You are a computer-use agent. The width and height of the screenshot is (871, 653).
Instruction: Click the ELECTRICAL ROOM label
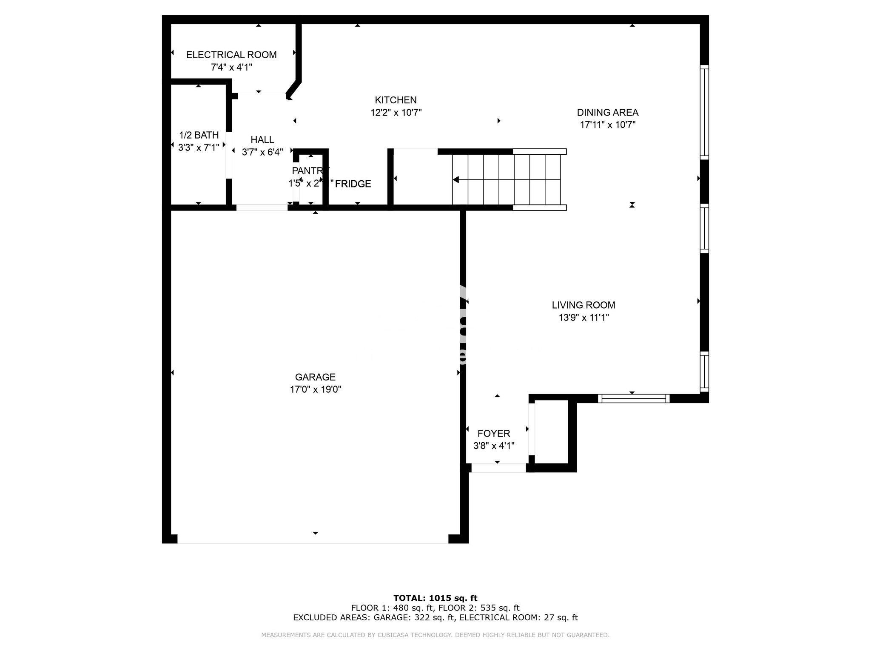[x=231, y=55]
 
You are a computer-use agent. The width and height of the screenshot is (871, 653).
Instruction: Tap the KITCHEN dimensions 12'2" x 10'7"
[x=396, y=113]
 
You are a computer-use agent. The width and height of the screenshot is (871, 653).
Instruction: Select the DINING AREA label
[x=607, y=113]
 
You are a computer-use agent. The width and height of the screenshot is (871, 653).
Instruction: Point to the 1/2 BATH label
[x=199, y=135]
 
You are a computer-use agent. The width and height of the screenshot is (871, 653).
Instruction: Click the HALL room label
[x=262, y=140]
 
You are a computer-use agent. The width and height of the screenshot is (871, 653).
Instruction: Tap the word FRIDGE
[x=353, y=184]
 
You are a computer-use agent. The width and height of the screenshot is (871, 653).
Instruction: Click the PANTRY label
[x=310, y=171]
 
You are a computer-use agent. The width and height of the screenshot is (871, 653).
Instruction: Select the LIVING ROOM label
[x=584, y=305]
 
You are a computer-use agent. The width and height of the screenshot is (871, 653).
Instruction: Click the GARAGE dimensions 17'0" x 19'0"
[x=316, y=389]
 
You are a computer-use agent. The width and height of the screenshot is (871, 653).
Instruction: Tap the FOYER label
[x=494, y=434]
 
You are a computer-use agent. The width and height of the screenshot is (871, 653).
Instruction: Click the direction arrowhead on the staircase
[x=456, y=179]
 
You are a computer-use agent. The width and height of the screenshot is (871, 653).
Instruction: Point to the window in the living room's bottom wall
[x=634, y=398]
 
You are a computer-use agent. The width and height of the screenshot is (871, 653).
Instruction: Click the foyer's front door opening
[x=498, y=468]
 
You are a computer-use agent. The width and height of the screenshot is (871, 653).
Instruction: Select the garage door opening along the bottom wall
[x=313, y=539]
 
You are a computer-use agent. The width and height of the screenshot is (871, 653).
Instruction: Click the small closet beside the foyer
[x=551, y=432]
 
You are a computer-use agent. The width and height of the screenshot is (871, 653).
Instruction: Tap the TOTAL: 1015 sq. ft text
[x=435, y=598]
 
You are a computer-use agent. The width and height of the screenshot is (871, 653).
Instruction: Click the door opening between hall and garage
[x=262, y=207]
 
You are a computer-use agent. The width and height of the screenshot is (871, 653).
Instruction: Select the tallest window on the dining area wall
[x=704, y=113]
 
